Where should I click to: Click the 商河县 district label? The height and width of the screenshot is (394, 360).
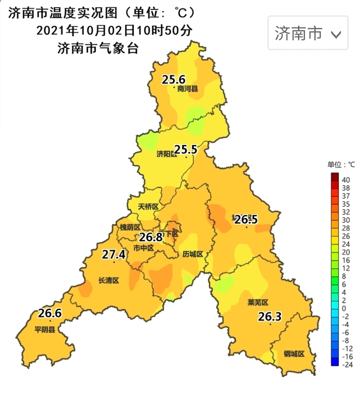(x=188, y=89)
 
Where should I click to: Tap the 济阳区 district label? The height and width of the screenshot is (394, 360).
(x=166, y=154)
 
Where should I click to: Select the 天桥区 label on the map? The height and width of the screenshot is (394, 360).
(x=149, y=207)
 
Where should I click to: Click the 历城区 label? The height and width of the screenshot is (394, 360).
(x=193, y=255)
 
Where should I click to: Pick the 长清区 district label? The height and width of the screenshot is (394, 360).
(x=109, y=280)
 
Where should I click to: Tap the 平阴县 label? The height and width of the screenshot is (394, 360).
(x=45, y=330)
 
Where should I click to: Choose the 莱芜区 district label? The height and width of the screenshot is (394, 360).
(x=258, y=302)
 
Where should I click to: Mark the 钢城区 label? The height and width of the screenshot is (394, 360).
(x=294, y=354)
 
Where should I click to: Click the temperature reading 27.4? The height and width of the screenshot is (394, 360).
(x=114, y=254)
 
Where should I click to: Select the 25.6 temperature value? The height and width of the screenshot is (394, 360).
(x=173, y=80)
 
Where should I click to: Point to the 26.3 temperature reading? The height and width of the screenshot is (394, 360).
(x=270, y=317)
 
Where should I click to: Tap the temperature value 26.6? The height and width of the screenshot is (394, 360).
(x=50, y=313)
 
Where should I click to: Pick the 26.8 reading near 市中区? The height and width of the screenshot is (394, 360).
(x=151, y=237)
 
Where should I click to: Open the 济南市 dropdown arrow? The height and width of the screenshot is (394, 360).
(x=336, y=34)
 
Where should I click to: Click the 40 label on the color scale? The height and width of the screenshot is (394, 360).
(x=346, y=180)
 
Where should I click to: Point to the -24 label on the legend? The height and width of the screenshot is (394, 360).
(x=347, y=365)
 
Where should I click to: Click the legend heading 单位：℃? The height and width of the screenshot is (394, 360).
(x=341, y=165)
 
